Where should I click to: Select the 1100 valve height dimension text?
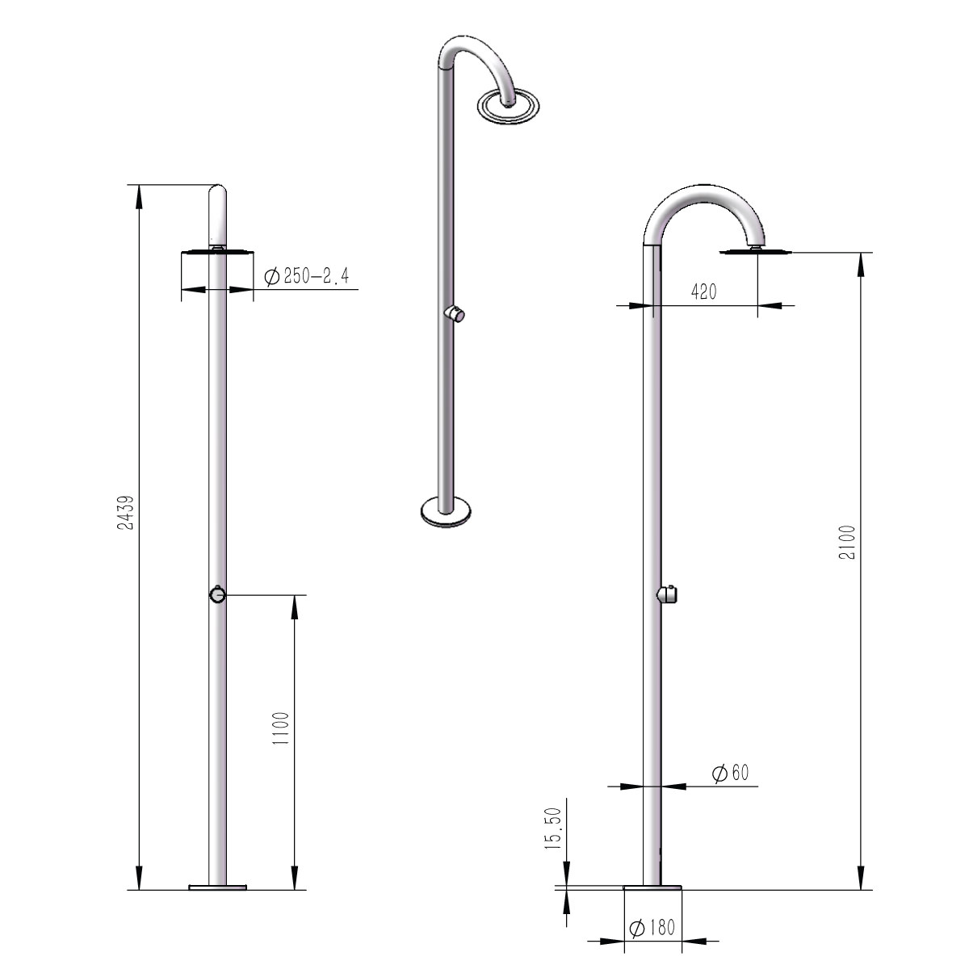click(x=279, y=728)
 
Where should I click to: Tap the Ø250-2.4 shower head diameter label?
click(x=307, y=278)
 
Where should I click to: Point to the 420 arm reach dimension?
click(x=703, y=292)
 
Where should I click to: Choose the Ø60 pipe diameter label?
click(x=731, y=773)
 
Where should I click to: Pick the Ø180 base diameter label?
click(x=652, y=929)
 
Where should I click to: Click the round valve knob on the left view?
click(x=217, y=595)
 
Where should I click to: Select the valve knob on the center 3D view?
click(x=456, y=315)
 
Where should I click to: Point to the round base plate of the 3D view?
click(x=447, y=511)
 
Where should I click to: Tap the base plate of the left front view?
click(x=216, y=887)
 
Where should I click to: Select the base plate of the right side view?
click(x=652, y=887)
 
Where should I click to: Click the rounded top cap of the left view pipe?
click(x=218, y=194)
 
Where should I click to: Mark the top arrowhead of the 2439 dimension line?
click(x=140, y=194)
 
